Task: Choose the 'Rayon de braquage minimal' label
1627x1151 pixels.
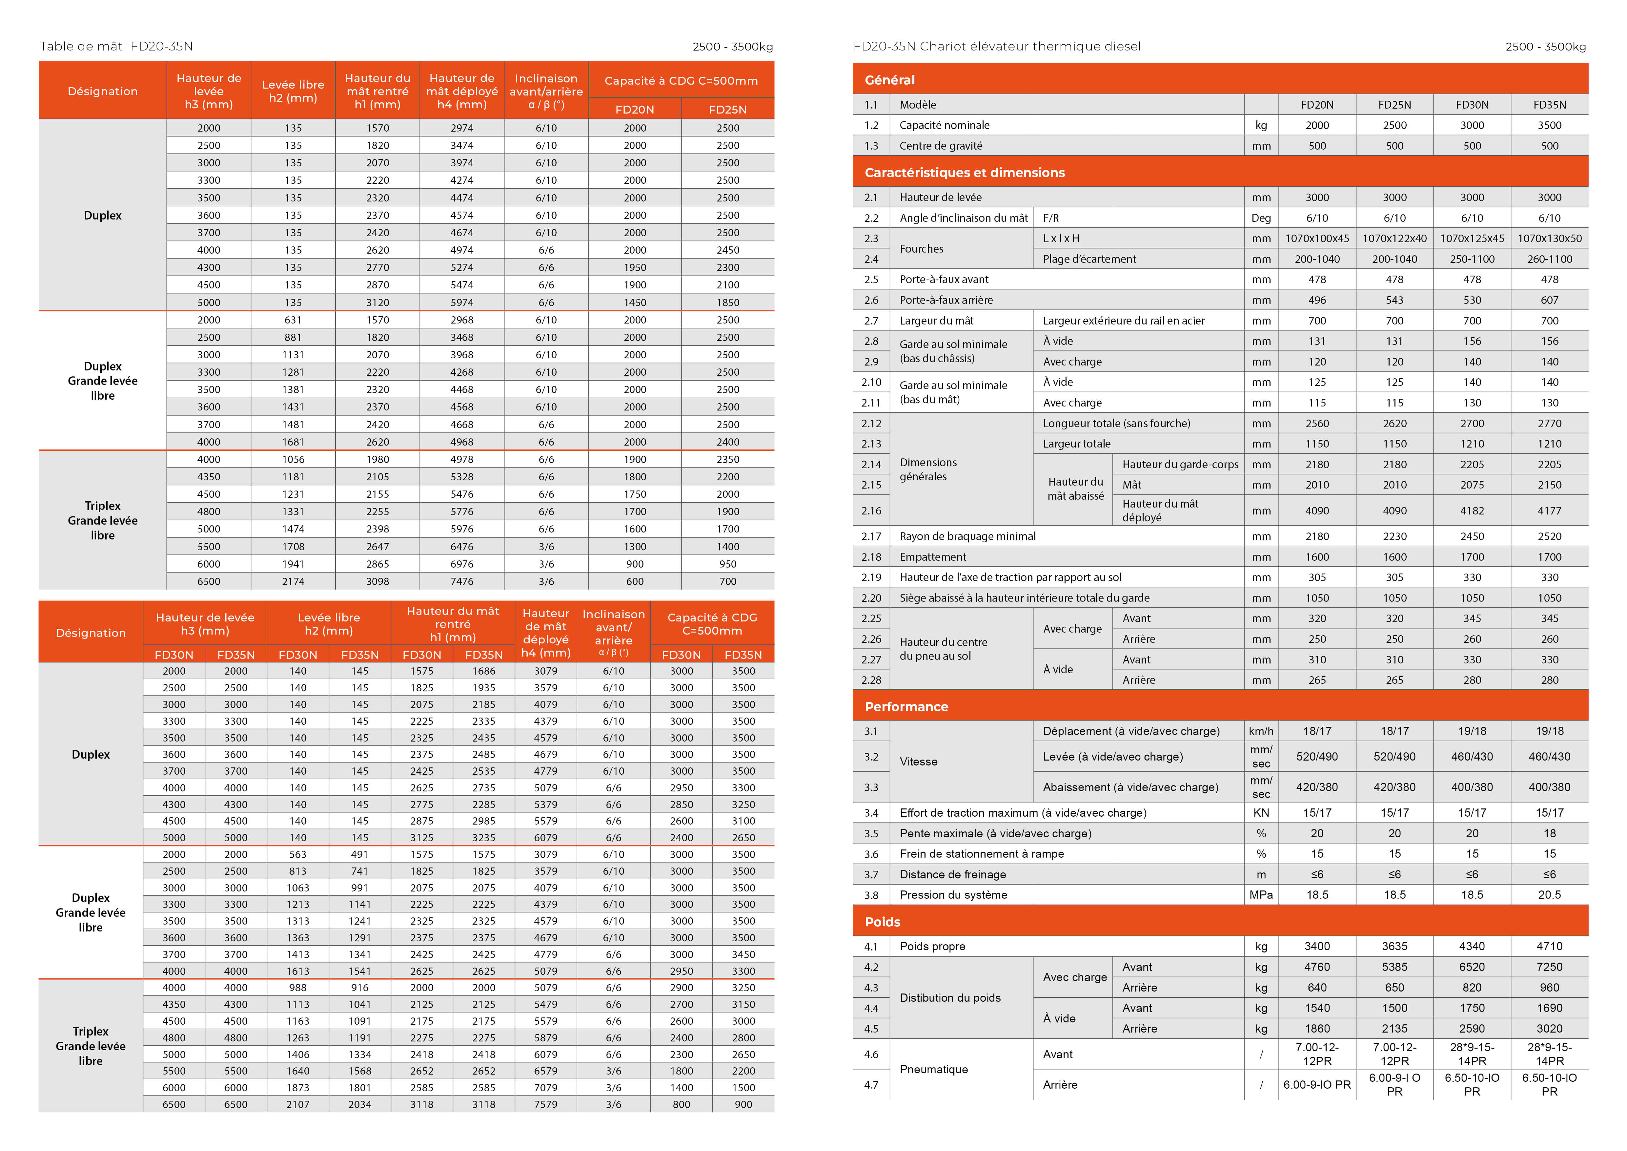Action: (x=967, y=536)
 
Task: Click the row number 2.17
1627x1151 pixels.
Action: (x=871, y=536)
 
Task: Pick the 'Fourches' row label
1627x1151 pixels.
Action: (x=921, y=249)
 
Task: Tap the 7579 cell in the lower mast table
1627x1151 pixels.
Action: (x=546, y=1104)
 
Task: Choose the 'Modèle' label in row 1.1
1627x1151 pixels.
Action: (x=918, y=105)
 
